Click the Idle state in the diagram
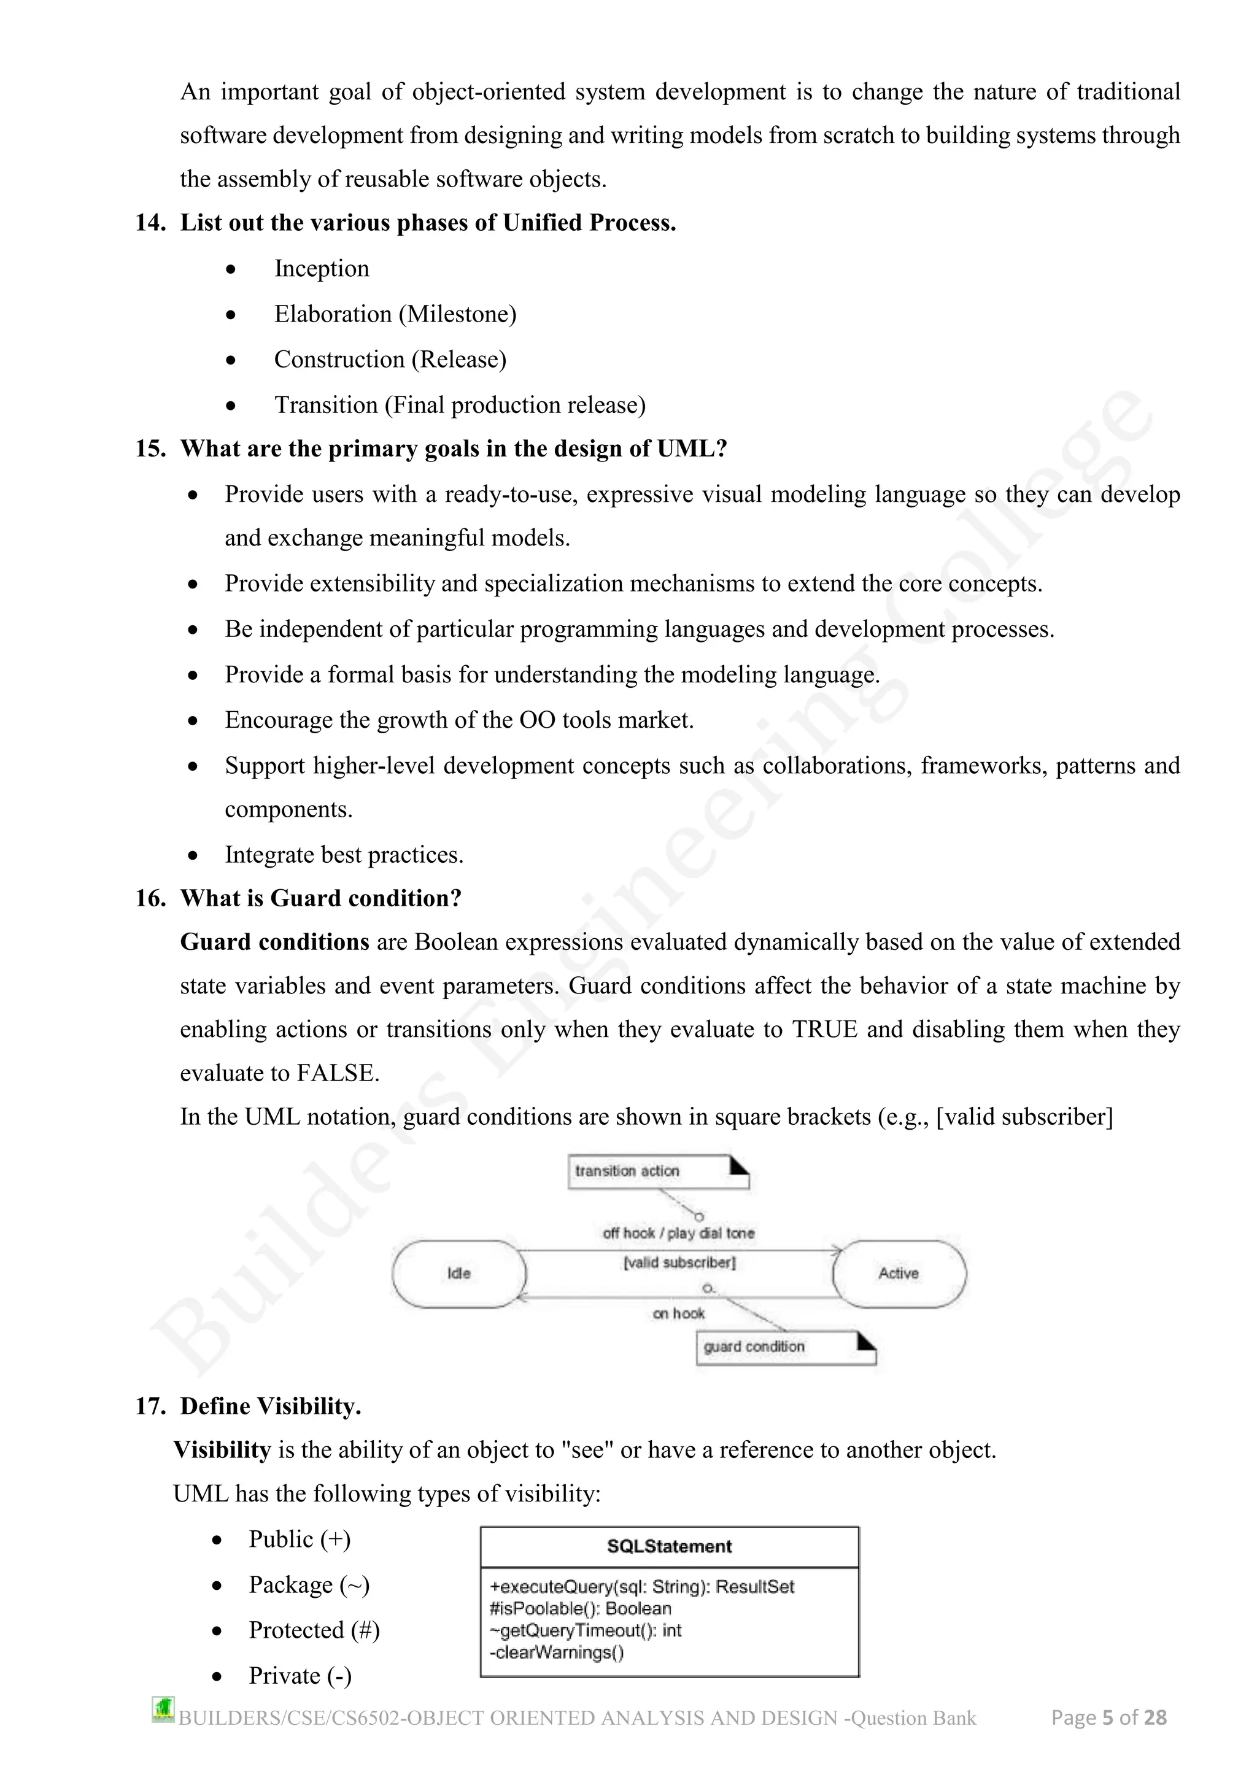click(459, 1273)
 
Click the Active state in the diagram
click(899, 1273)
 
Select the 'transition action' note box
click(658, 1171)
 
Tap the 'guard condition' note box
click(786, 1347)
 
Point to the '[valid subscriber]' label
click(679, 1262)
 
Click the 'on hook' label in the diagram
click(679, 1313)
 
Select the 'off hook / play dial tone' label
click(679, 1233)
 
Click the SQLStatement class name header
click(670, 1546)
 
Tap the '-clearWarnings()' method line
click(557, 1652)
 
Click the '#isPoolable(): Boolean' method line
click(580, 1608)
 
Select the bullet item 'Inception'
click(321, 269)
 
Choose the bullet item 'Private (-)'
click(300, 1676)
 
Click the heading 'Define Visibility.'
click(270, 1406)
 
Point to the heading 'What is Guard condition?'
click(320, 898)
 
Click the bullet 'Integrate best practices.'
click(344, 855)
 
